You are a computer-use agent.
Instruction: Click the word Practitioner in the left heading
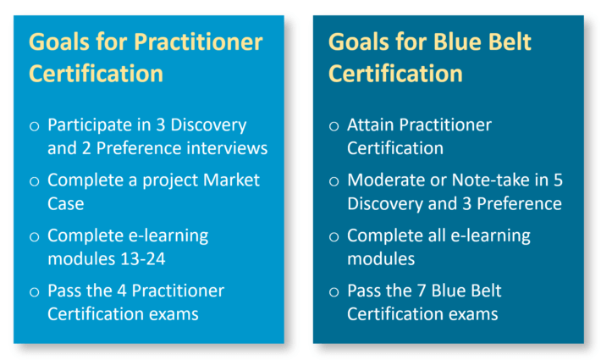click(x=198, y=42)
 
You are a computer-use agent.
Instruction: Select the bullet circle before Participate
click(x=35, y=126)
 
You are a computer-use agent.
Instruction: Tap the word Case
click(x=65, y=203)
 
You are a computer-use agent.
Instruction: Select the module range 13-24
click(x=142, y=259)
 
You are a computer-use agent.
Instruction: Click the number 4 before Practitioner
click(x=122, y=291)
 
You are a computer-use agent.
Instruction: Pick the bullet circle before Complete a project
click(x=35, y=181)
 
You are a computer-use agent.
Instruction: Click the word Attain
click(x=371, y=125)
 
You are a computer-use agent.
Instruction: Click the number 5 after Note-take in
click(x=558, y=180)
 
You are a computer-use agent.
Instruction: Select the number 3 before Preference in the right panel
click(x=466, y=203)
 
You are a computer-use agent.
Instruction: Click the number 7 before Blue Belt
click(x=422, y=291)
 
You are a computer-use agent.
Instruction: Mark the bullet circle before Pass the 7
click(x=334, y=292)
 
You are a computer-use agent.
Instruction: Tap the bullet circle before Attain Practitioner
click(x=334, y=126)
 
